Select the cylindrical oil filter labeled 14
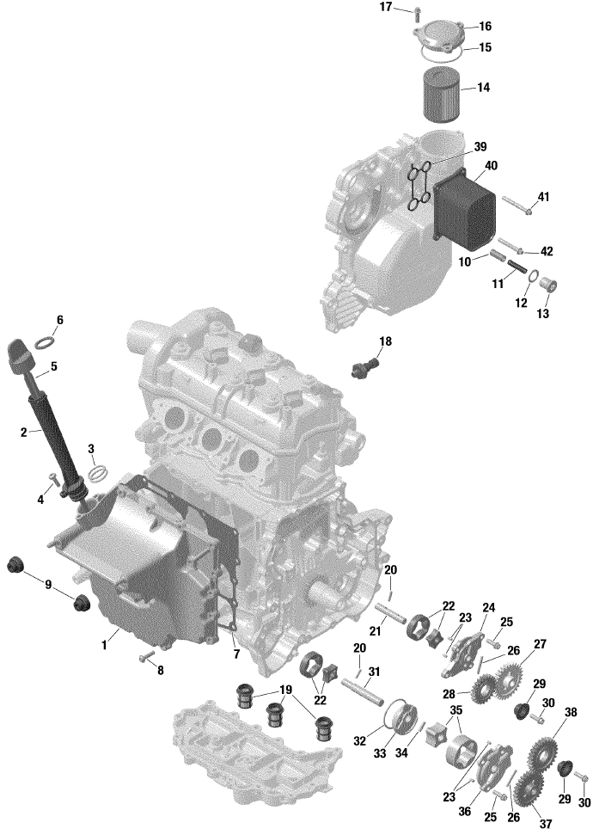(440, 95)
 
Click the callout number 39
(480, 147)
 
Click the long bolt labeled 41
(517, 205)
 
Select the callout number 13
(542, 314)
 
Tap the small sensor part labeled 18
(366, 367)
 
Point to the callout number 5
(54, 366)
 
